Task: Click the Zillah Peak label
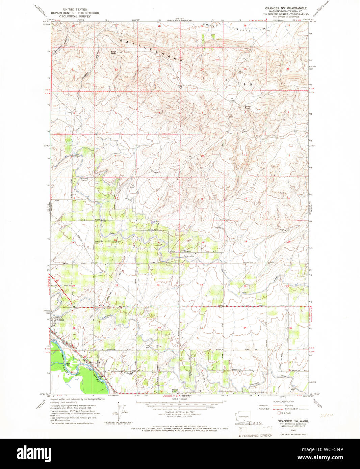tap(113, 53)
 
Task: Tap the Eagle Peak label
tap(248, 107)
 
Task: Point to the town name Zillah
tap(60, 320)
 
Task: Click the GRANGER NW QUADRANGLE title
tap(286, 8)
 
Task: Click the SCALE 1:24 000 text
tap(180, 399)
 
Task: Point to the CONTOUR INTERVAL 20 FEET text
tap(180, 412)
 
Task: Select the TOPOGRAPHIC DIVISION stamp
tap(255, 435)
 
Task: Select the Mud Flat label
tap(180, 86)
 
